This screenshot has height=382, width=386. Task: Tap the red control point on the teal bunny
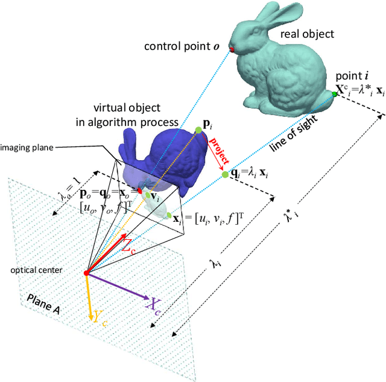coord(232,48)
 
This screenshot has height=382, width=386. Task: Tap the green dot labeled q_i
coord(225,174)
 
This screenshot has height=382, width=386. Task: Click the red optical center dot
coord(86,274)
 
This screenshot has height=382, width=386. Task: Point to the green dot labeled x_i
coord(170,216)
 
